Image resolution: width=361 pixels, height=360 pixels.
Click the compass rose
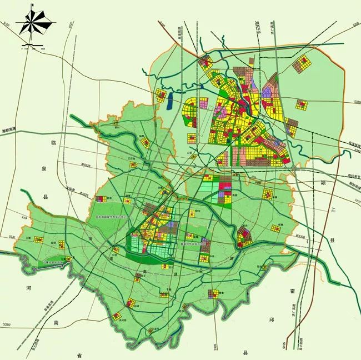pos(34,23)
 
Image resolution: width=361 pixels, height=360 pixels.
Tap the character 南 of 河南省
pos(56,322)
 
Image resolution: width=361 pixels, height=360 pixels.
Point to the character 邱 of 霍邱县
pos(272,321)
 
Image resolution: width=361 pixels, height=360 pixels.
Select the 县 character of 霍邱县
pos(245,352)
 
